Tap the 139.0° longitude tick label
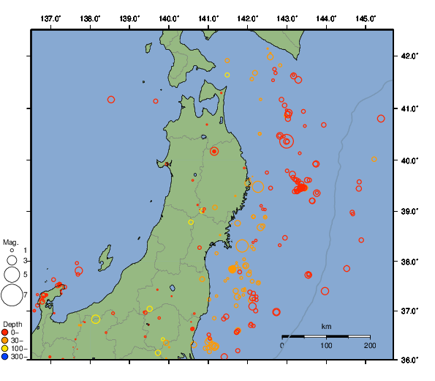coord(129,18)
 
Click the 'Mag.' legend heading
coord(10,242)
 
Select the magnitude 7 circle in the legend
coord(12,295)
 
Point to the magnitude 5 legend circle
coord(12,274)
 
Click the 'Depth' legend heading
coord(12,324)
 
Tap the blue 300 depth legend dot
coord(5,357)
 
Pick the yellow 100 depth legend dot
coord(5,349)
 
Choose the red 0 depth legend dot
coord(5,333)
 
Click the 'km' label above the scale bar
coord(326,326)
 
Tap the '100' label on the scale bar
coord(326,345)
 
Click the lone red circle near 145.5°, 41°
coord(381,119)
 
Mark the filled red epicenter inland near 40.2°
coord(214,151)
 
